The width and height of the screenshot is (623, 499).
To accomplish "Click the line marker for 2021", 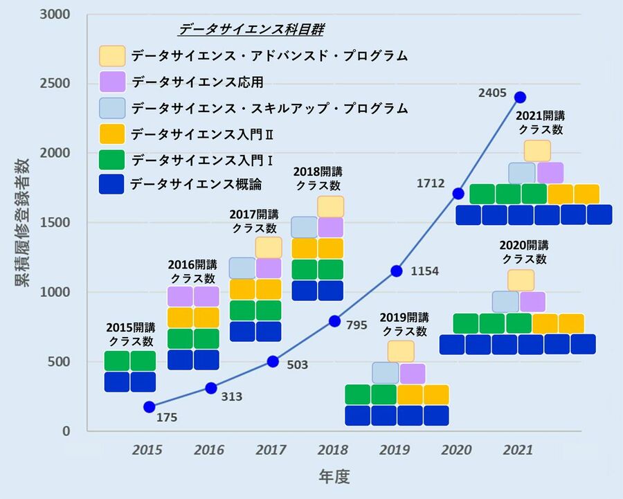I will [x=520, y=97].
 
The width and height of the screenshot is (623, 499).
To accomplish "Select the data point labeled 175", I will [x=149, y=407].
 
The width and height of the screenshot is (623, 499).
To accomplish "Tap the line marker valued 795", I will [x=334, y=320].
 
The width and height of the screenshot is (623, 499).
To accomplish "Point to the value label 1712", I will [x=431, y=183].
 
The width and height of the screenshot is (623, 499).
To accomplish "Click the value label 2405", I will [x=492, y=92].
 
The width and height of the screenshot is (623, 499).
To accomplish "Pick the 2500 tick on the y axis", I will [x=60, y=84].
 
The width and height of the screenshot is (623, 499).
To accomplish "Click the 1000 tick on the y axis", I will [x=60, y=292].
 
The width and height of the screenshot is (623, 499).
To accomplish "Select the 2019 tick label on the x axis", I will [x=395, y=450].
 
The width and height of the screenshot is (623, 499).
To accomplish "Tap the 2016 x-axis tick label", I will [x=209, y=450].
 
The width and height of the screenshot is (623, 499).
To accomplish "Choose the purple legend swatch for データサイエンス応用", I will [x=112, y=82].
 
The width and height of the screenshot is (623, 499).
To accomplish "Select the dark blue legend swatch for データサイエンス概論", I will [x=112, y=183].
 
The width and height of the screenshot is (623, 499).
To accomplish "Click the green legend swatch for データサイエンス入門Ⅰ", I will [x=112, y=158].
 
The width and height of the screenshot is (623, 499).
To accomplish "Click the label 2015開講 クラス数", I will [x=131, y=334].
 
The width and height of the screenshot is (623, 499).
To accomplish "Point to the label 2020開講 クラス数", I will [x=524, y=252].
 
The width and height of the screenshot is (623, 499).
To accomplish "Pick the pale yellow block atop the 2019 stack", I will [x=401, y=351].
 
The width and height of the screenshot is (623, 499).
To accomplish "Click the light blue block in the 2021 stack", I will [x=522, y=173].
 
